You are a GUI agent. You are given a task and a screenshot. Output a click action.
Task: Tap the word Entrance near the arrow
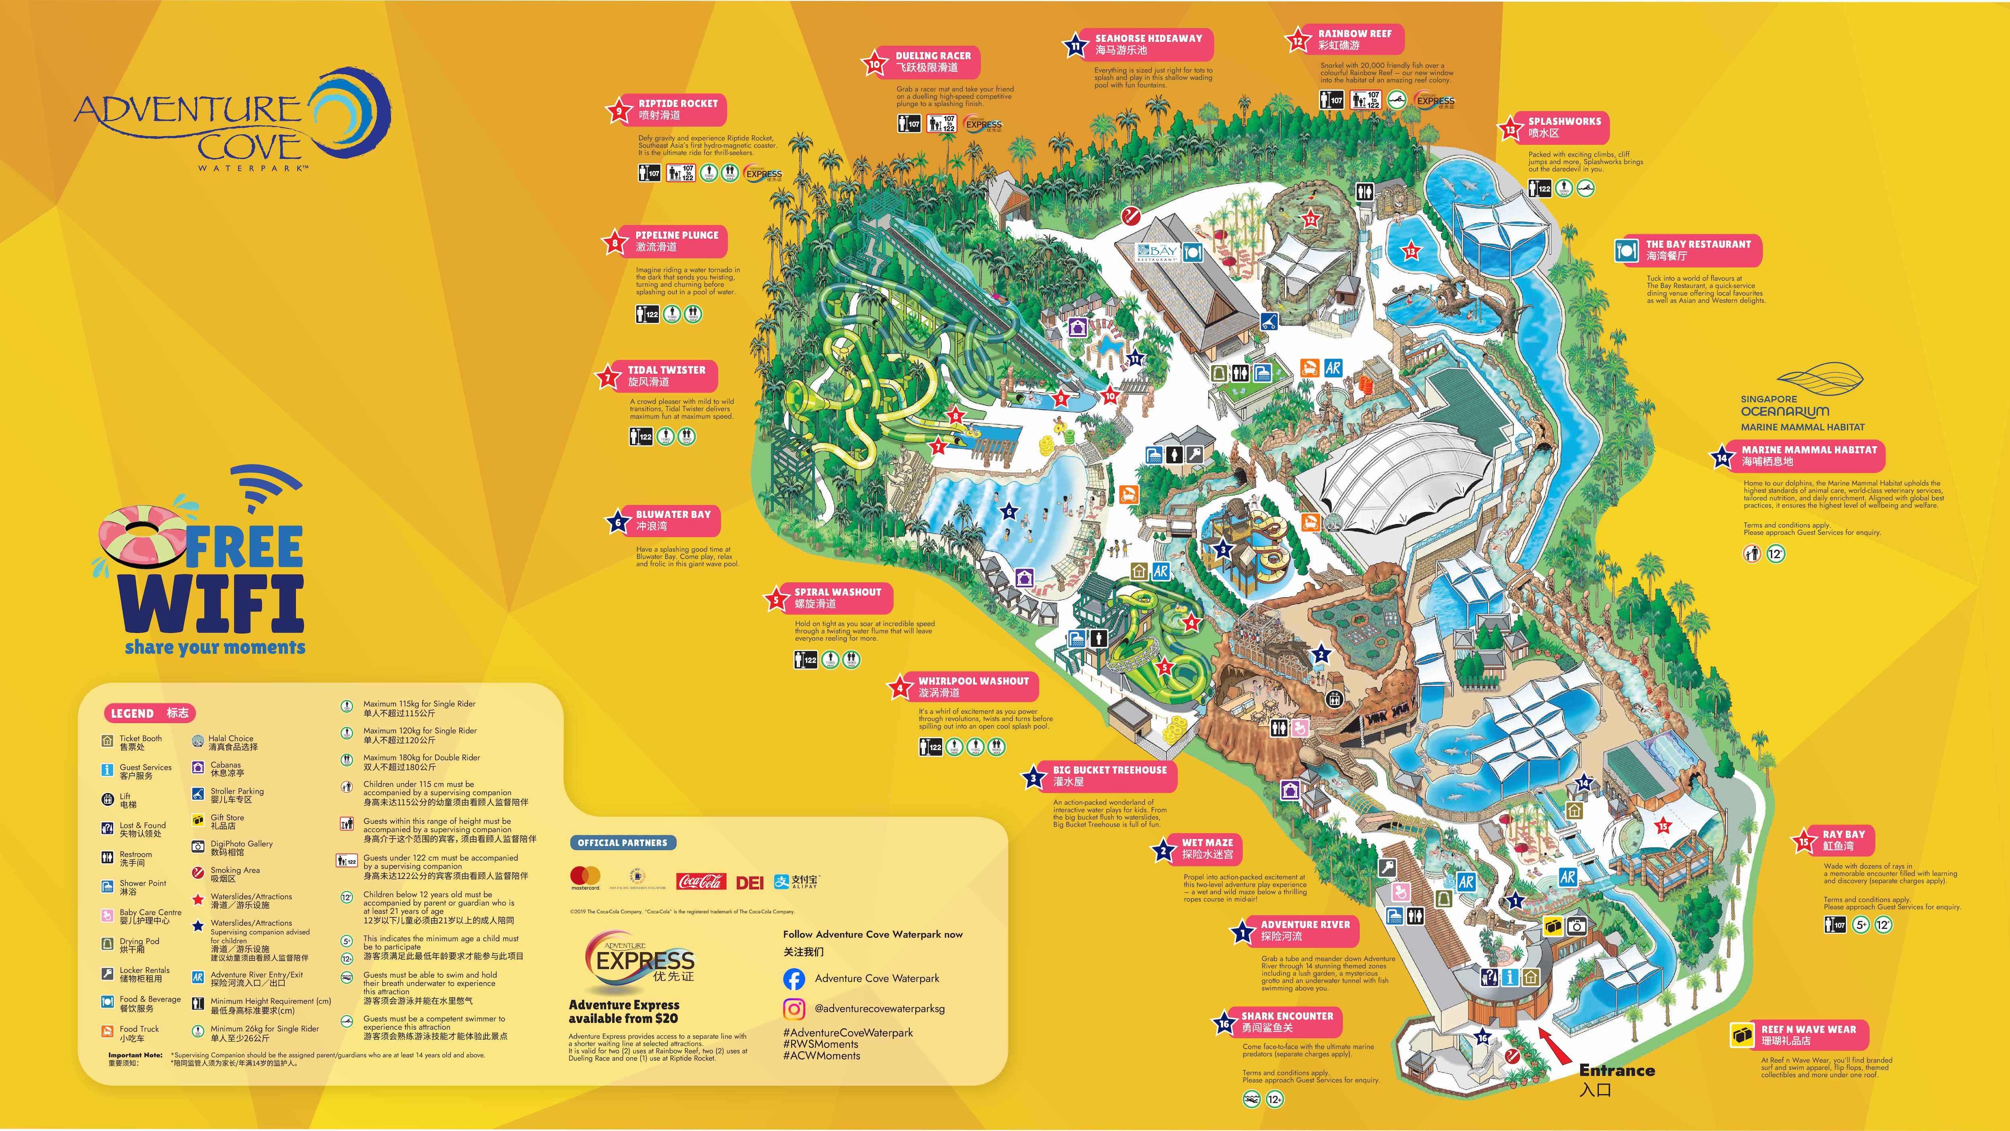1617,1070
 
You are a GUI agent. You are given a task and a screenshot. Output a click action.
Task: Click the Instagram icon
794,1008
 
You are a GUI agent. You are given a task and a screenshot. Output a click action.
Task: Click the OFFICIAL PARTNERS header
622,843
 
